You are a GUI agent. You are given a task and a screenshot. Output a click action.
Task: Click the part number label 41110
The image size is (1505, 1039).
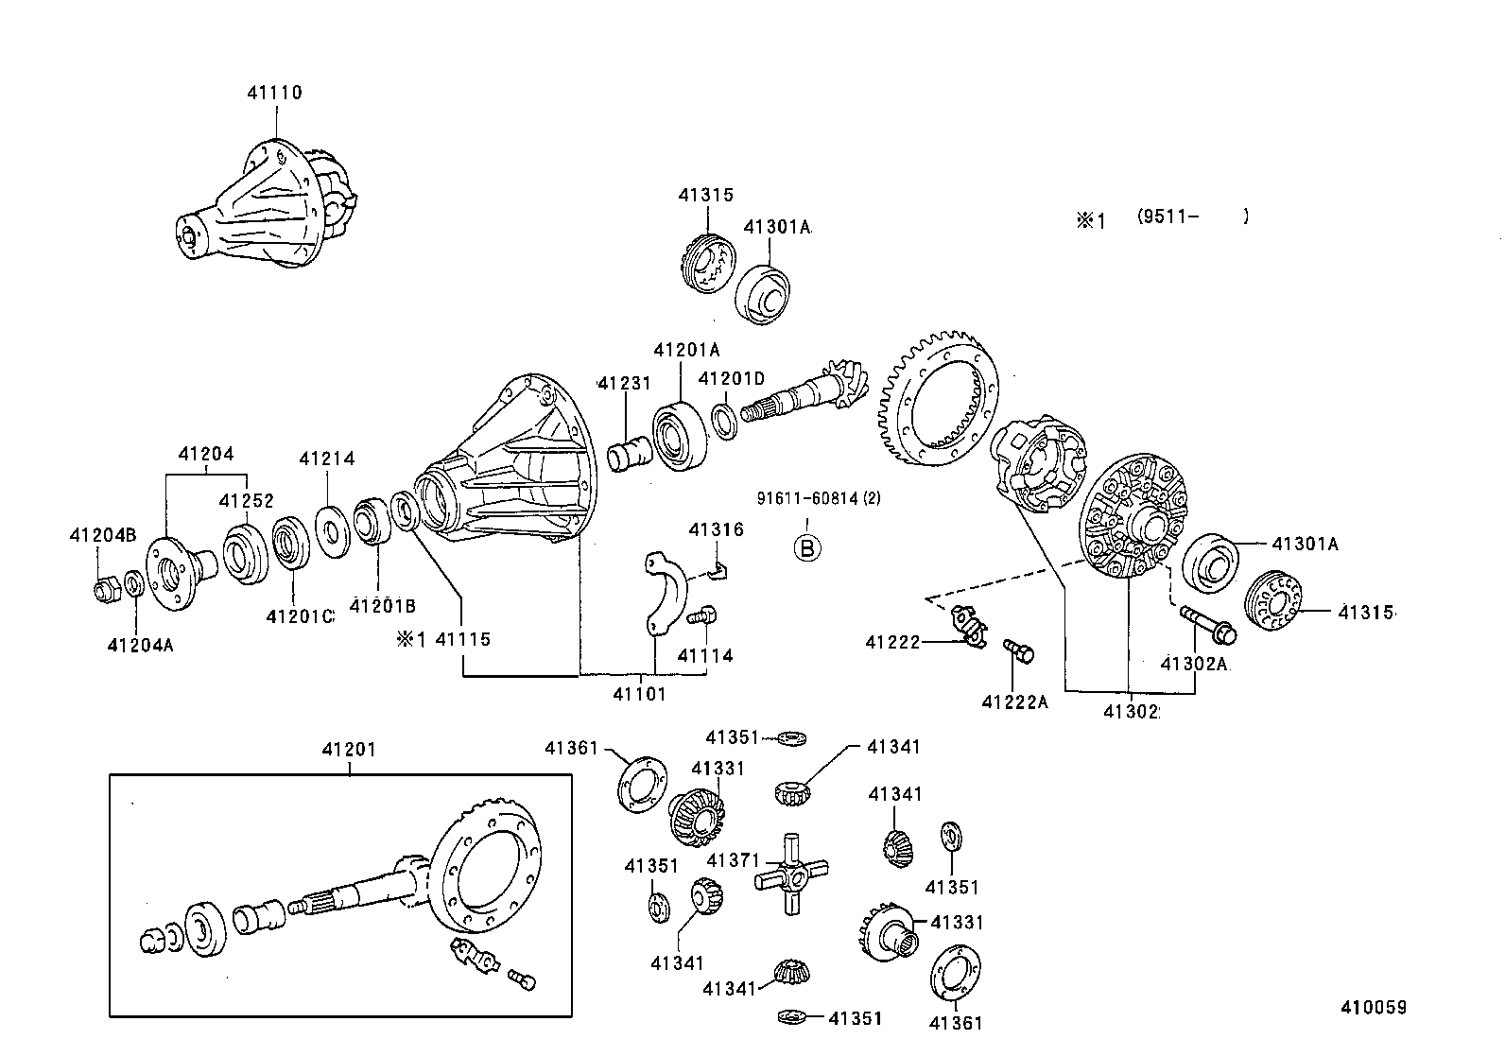[275, 93]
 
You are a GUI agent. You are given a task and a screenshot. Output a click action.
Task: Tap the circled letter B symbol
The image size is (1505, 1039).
[807, 548]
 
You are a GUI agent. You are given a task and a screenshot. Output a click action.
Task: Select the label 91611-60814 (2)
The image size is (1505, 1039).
[819, 498]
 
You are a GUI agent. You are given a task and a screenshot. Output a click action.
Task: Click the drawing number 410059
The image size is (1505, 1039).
[1374, 1008]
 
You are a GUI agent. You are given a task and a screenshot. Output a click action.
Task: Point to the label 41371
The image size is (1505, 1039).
[733, 860]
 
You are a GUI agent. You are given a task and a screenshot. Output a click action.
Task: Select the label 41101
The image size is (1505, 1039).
[639, 694]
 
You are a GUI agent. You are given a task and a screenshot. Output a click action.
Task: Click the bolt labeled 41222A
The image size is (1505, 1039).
[1018, 650]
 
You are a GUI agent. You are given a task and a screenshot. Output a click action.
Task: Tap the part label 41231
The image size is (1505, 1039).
[625, 383]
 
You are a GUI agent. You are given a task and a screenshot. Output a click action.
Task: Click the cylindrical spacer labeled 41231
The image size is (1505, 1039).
[629, 454]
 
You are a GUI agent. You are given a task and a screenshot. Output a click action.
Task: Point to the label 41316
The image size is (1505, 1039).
[717, 529]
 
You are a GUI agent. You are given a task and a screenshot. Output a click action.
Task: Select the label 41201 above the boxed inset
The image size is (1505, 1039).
[349, 750]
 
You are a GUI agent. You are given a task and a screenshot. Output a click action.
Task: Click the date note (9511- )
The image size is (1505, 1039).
[1193, 216]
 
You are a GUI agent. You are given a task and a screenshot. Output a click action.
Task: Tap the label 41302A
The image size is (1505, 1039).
[1194, 664]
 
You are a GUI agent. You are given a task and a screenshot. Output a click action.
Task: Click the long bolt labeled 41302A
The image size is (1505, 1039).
[1208, 624]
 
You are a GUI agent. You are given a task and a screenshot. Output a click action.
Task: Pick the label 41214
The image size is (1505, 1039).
[326, 459]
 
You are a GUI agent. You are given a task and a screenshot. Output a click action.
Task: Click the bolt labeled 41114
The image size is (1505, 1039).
[702, 615]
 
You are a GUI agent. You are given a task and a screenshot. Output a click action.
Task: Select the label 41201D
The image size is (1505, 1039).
[731, 379]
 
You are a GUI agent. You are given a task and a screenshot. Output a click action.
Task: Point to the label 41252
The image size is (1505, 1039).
[246, 501]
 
